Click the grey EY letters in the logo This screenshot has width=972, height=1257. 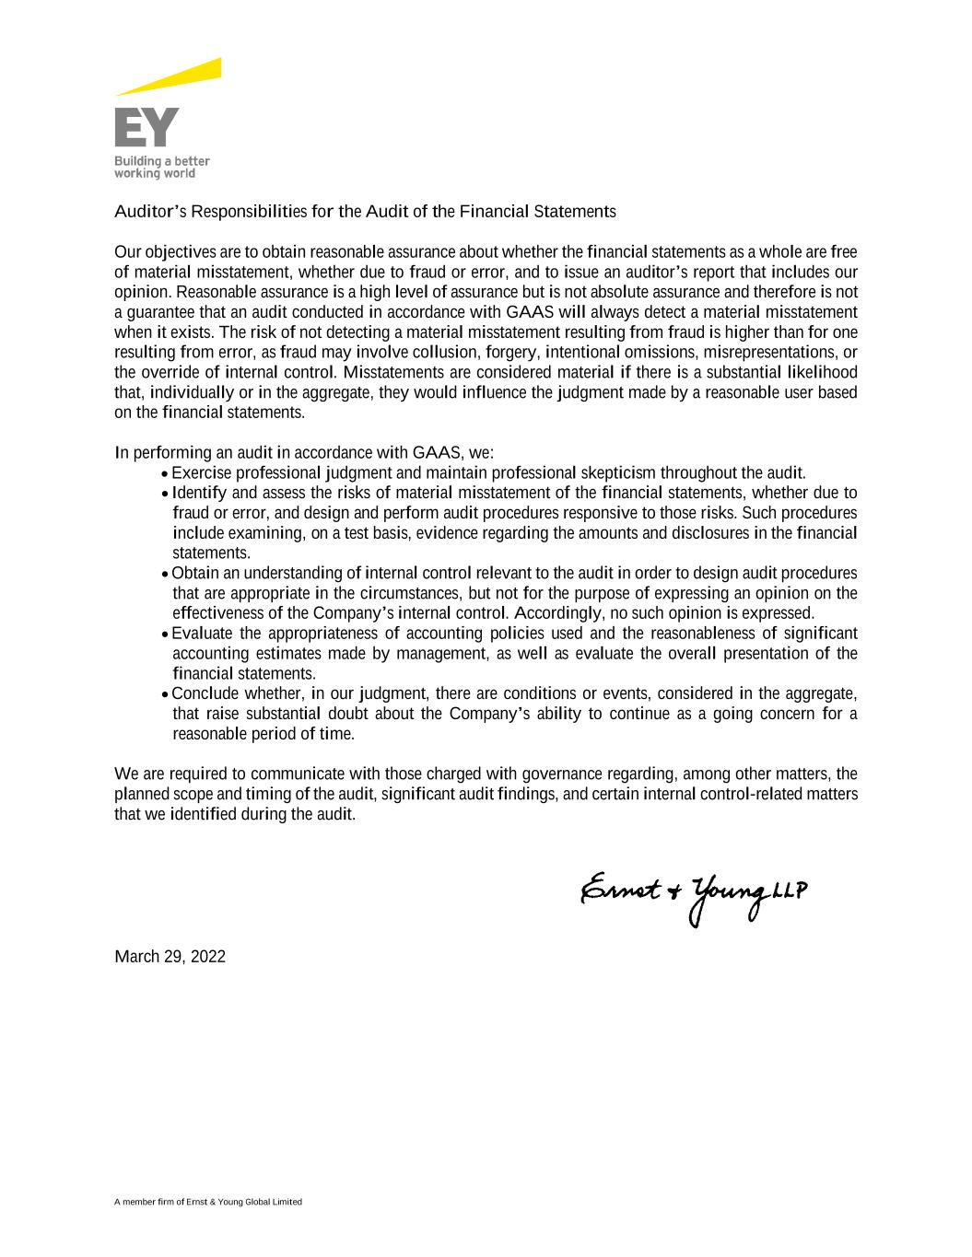(x=146, y=127)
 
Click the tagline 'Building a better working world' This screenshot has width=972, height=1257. (x=161, y=167)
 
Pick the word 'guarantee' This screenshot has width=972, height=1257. (x=157, y=312)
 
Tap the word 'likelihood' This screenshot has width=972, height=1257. (x=822, y=372)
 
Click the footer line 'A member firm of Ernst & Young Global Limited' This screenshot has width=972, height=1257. (x=208, y=1202)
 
